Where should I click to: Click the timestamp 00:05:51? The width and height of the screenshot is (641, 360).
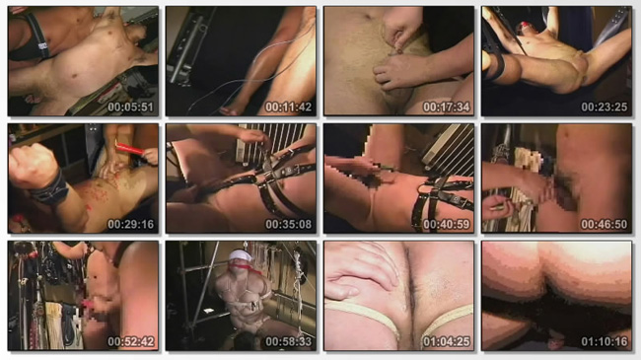click(131, 108)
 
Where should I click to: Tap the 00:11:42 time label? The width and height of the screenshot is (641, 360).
click(289, 108)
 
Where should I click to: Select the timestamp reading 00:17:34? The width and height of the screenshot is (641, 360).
click(447, 108)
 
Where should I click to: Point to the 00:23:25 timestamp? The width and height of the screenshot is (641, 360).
click(605, 108)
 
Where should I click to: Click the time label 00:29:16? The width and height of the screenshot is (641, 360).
click(131, 224)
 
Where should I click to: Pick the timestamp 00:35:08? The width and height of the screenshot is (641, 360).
click(289, 224)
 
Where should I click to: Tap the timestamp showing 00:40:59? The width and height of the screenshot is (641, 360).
click(447, 224)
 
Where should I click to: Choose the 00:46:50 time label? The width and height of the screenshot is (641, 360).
click(605, 224)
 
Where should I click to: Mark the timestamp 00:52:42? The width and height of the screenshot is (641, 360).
click(131, 341)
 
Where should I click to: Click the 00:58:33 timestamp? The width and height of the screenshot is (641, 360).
click(289, 341)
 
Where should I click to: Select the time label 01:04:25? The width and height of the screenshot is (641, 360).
click(447, 341)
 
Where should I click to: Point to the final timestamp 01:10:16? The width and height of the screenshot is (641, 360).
click(605, 341)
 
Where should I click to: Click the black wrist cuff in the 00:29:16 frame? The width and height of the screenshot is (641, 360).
click(49, 189)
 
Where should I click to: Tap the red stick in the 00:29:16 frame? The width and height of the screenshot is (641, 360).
click(129, 149)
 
